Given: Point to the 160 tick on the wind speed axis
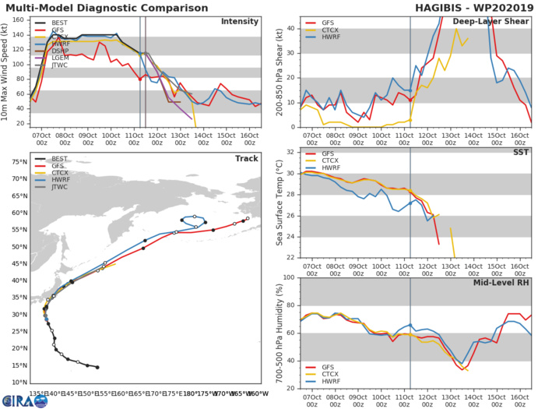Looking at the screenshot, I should click(x=21, y=16).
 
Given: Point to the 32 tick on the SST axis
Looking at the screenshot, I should click(x=290, y=152).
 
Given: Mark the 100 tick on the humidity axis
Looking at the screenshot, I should click(x=288, y=277).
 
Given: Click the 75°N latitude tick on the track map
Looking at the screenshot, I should click(x=16, y=161).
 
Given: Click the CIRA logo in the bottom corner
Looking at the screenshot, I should click(x=28, y=400).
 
